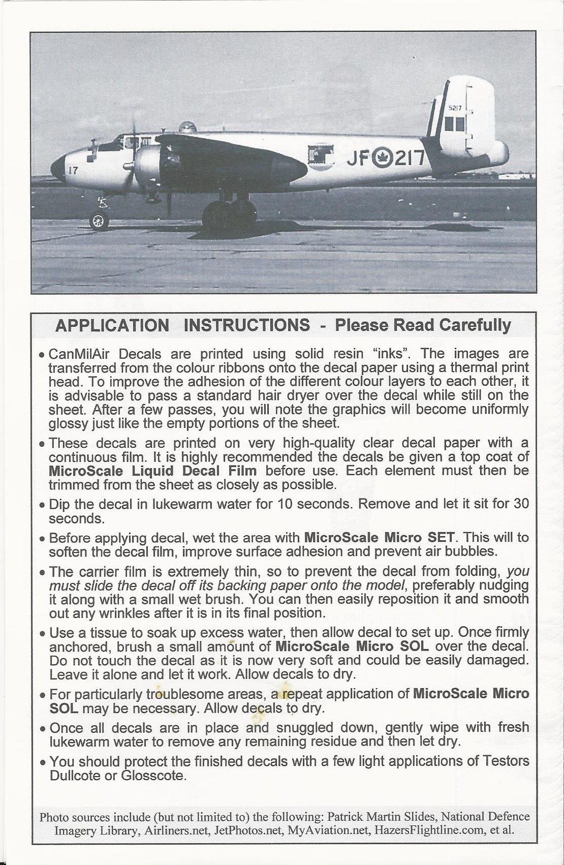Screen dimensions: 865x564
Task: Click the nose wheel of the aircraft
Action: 99,221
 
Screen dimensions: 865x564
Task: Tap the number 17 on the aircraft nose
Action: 73,171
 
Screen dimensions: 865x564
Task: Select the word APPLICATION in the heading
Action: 112,325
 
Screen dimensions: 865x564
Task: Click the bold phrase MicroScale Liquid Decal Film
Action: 152,471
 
